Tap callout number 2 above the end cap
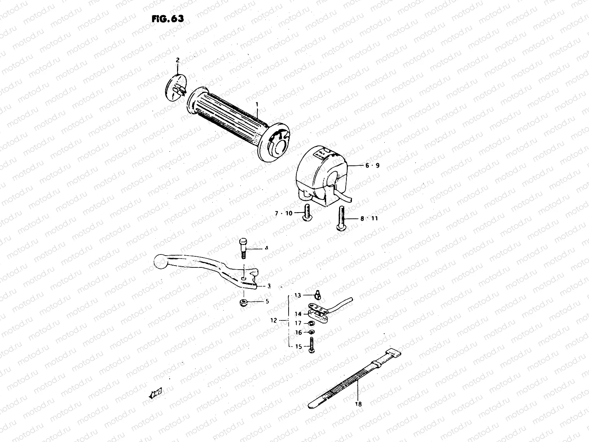click(x=177, y=60)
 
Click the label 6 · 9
click(x=372, y=166)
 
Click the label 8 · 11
click(x=369, y=218)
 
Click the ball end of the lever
click(x=161, y=262)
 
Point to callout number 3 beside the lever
click(x=269, y=286)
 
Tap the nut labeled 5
click(x=243, y=302)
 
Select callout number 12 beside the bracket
click(x=273, y=321)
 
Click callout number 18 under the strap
click(x=359, y=404)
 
